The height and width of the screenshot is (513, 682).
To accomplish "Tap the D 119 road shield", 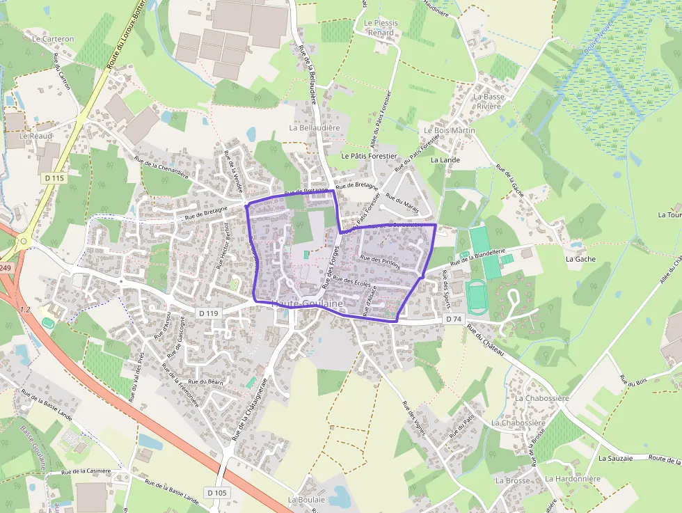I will coord(208,313).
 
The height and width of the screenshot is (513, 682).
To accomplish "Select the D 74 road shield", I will coord(453,319).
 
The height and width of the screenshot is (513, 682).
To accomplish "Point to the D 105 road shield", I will coord(217,493).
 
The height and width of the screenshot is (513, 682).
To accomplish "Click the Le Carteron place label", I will coord(53,39).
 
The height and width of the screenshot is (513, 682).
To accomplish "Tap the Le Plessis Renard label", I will coord(381,27).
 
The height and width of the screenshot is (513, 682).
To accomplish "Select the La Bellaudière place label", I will coord(315,128).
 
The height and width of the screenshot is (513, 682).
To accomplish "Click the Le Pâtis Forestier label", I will coord(369,157).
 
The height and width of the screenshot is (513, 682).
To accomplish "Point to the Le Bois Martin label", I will coord(450,130).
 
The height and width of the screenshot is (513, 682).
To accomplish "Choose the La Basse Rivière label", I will coord(489,101).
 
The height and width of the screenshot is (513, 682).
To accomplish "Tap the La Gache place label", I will coord(580,259).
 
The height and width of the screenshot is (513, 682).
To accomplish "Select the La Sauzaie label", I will coord(615,459).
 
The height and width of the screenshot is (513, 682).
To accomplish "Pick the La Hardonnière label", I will coord(573,479).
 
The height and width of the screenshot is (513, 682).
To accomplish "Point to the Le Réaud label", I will coord(35,136).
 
